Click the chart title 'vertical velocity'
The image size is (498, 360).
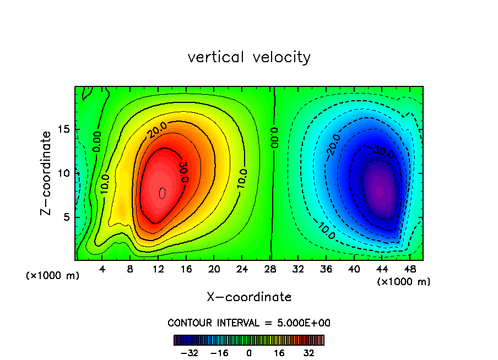point(249,57)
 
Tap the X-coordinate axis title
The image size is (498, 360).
point(249,297)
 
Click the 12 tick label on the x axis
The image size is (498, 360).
point(158,270)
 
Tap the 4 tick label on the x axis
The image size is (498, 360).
point(102,270)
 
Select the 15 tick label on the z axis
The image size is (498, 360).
point(65,129)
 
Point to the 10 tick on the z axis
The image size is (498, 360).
point(65,173)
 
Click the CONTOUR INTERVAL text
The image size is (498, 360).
point(249,323)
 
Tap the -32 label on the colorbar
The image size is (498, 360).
point(189,353)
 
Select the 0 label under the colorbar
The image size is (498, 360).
point(249,353)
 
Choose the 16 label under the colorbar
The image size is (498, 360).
point(279,353)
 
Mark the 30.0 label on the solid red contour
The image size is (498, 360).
point(184,172)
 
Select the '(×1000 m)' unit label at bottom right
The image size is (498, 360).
point(404,282)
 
